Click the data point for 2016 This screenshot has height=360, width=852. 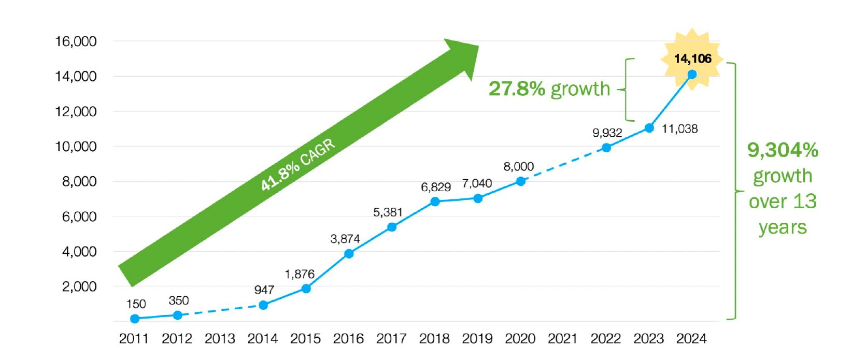click(349, 253)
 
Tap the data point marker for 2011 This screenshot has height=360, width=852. click(135, 319)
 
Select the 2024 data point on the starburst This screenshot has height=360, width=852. click(692, 74)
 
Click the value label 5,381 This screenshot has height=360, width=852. click(388, 212)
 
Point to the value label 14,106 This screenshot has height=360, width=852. click(692, 59)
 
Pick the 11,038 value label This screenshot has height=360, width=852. click(679, 128)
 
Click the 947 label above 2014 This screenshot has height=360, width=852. click(264, 290)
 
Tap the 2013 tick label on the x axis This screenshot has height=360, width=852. click(220, 339)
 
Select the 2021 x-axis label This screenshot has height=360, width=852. click(562, 339)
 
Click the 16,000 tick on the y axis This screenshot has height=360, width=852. click(76, 41)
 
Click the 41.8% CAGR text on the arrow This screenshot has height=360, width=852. click(297, 165)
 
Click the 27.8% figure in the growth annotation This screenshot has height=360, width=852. click(517, 89)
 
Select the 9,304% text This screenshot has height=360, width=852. click(783, 150)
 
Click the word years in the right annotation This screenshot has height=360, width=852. click(783, 227)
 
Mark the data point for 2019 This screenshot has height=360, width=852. click(478, 198)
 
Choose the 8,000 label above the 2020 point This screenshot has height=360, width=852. click(518, 167)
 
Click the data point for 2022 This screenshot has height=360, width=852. click(606, 148)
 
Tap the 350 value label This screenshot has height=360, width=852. click(179, 300)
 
